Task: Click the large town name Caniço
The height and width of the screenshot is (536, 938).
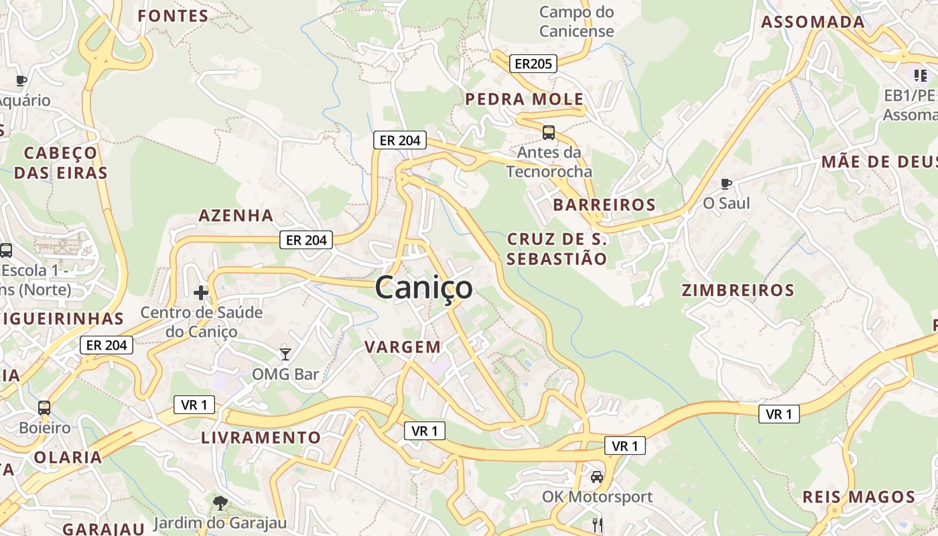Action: (x=423, y=288)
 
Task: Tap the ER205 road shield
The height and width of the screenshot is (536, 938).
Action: (x=533, y=64)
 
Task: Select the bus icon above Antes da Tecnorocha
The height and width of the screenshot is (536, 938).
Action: (x=549, y=132)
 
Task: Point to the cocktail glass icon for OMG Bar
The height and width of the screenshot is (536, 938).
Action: (x=285, y=354)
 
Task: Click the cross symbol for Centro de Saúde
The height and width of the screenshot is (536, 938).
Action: (x=200, y=292)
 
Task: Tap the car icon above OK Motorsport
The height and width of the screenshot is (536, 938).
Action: (x=596, y=477)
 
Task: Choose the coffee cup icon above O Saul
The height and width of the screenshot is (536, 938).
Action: (x=726, y=183)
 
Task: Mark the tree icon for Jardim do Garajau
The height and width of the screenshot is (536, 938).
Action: (x=220, y=503)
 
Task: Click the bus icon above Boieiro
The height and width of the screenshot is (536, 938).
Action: (x=44, y=407)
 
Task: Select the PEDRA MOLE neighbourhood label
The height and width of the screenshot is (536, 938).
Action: (x=525, y=99)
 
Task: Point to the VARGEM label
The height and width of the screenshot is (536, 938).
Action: (x=403, y=346)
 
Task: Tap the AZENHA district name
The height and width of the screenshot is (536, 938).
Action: (x=236, y=215)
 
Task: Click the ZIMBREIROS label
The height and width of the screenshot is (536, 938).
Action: (x=738, y=290)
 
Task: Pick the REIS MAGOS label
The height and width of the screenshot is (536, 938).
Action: (x=859, y=497)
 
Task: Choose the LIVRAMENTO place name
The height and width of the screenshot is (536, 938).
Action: (x=261, y=438)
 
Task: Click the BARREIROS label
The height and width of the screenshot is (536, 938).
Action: (x=604, y=204)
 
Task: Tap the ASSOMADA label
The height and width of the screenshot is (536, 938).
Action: (x=813, y=21)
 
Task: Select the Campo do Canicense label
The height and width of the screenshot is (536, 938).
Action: (x=576, y=21)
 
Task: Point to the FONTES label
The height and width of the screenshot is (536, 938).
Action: (x=173, y=16)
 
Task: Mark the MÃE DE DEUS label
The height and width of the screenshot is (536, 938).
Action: (x=878, y=161)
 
